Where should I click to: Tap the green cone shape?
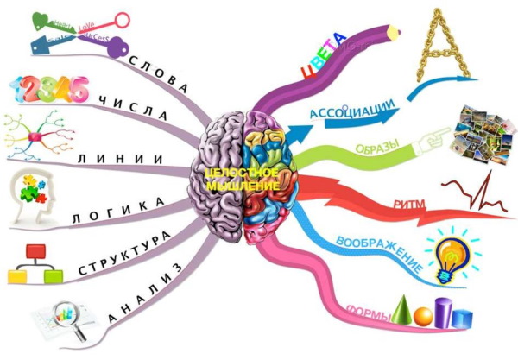coord(403,308)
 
